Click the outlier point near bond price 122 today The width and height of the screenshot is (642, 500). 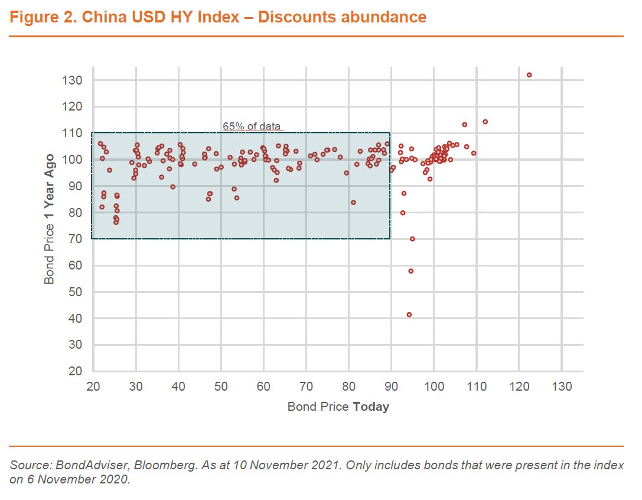[x=529, y=75]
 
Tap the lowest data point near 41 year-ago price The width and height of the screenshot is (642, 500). [x=409, y=314]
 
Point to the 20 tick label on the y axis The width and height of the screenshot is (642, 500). [x=76, y=371]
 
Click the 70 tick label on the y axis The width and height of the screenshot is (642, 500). [x=76, y=239]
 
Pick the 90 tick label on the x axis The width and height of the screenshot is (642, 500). [x=391, y=387]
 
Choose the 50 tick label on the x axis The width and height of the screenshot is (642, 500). [x=221, y=387]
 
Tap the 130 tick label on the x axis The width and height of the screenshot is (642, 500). [x=561, y=387]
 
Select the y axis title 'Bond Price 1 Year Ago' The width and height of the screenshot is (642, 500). [x=50, y=219]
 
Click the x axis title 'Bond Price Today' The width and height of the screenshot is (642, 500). [x=338, y=407]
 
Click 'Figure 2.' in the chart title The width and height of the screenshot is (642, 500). [x=43, y=17]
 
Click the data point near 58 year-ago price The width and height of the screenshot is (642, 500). [x=411, y=271]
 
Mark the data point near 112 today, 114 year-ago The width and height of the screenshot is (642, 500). [x=485, y=122]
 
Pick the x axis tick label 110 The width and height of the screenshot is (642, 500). [x=476, y=387]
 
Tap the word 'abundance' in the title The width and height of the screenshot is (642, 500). [x=384, y=17]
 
